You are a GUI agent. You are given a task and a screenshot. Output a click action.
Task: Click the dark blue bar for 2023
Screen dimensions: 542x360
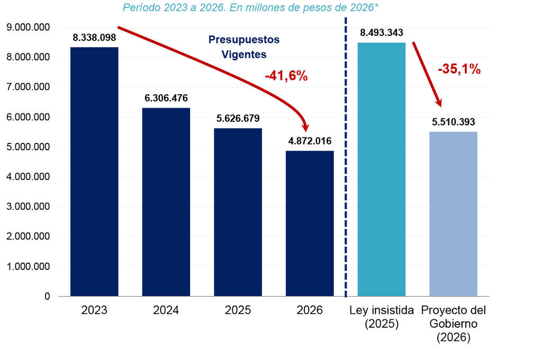pyautogui.click(x=94, y=172)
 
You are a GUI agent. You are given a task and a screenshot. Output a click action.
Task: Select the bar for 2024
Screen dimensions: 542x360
pyautogui.click(x=166, y=202)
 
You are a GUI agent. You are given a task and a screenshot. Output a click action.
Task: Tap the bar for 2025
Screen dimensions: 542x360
pyautogui.click(x=238, y=212)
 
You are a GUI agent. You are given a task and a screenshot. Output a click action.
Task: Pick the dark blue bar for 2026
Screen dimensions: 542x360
pyautogui.click(x=310, y=223)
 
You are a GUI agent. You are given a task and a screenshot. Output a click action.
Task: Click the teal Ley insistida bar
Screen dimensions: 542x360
pyautogui.click(x=382, y=169)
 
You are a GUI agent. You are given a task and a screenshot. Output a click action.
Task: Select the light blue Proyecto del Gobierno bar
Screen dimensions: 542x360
pyautogui.click(x=454, y=214)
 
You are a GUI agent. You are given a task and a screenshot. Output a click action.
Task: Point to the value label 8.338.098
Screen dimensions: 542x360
pyautogui.click(x=94, y=38)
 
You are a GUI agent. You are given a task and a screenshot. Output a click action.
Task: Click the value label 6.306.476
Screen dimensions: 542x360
pyautogui.click(x=166, y=98)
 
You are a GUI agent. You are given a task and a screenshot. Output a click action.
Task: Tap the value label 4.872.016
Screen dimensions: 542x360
pyautogui.click(x=310, y=141)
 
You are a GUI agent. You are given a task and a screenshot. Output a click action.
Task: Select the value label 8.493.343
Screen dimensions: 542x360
pyautogui.click(x=382, y=33)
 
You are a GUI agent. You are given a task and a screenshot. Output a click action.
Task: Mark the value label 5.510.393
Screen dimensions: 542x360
pyautogui.click(x=454, y=122)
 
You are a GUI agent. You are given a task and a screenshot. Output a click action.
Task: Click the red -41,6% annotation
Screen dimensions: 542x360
pyautogui.click(x=286, y=76)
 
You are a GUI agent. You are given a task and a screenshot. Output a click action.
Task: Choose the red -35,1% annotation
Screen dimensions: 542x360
pyautogui.click(x=459, y=69)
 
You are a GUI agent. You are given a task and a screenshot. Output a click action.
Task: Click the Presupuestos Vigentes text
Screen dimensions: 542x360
pyautogui.click(x=244, y=47)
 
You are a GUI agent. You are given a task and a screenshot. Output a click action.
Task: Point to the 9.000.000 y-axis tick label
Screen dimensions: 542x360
pyautogui.click(x=28, y=27)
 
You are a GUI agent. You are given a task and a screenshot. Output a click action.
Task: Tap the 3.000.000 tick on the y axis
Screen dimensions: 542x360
pyautogui.click(x=28, y=206)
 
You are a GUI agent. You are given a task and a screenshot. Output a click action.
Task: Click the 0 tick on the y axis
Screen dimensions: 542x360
pyautogui.click(x=47, y=296)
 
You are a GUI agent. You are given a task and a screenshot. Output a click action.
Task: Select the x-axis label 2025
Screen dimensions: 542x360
pyautogui.click(x=238, y=310)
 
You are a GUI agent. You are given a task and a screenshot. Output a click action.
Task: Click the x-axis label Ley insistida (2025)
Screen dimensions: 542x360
pyautogui.click(x=382, y=317)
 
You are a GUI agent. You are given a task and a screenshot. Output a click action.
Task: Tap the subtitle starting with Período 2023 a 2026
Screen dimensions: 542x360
pyautogui.click(x=250, y=7)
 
